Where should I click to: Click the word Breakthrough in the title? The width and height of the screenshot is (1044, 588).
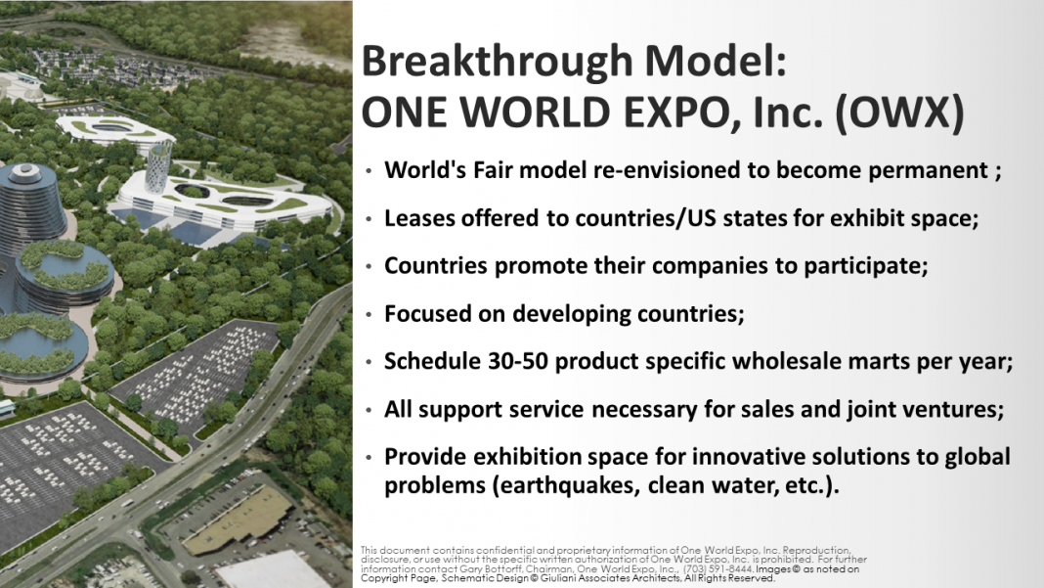click(497, 62)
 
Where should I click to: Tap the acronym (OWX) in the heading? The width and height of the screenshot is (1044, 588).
click(899, 112)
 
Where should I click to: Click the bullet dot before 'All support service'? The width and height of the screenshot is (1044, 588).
click(369, 410)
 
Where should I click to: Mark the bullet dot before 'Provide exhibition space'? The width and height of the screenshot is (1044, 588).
click(369, 457)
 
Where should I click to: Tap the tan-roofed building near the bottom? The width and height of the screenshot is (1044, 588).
click(239, 520)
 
